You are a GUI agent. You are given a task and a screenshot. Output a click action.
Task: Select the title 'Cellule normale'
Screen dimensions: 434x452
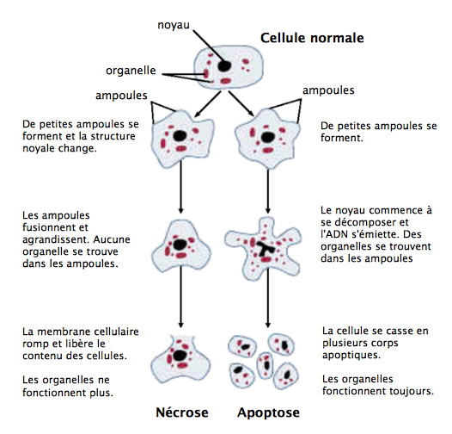pos(311,38)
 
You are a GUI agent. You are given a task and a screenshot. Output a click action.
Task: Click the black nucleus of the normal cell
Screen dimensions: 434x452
pos(223,65)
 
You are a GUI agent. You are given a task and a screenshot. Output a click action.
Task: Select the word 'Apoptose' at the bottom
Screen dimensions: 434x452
pos(269,413)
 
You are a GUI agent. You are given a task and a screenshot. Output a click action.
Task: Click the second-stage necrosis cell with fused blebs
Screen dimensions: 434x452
pos(180,245)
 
